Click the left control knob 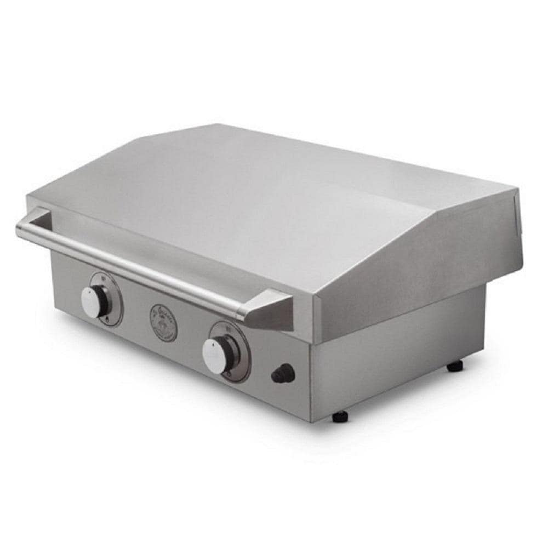coord(92,301)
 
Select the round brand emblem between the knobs coord(163,323)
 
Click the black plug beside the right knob coord(283,374)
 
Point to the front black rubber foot coord(340,416)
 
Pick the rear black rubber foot coord(455,366)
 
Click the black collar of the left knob coord(103,300)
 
